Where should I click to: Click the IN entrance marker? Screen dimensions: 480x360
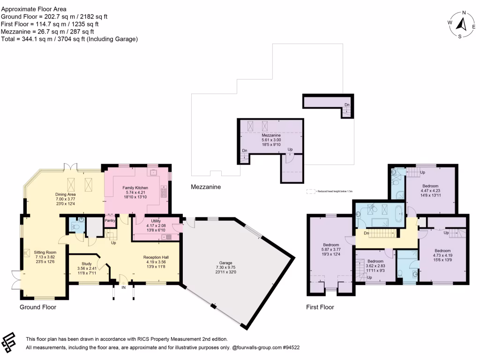[x=123, y=288]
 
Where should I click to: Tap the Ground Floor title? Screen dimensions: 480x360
[x=37, y=307]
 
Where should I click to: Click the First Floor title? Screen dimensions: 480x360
[x=321, y=307]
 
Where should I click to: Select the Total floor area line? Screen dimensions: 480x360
[x=69, y=39]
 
